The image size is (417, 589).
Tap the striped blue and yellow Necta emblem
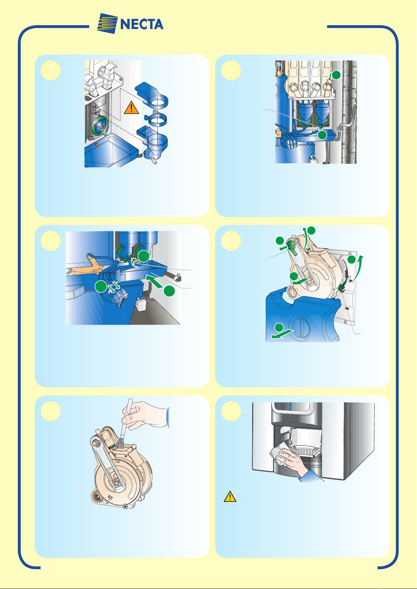pos(107,23)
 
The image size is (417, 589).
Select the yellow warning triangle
pos(230,496)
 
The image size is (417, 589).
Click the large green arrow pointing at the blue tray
pos(155,281)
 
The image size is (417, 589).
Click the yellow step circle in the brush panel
pos(50,411)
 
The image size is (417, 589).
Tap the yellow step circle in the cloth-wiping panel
pos(231,411)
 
